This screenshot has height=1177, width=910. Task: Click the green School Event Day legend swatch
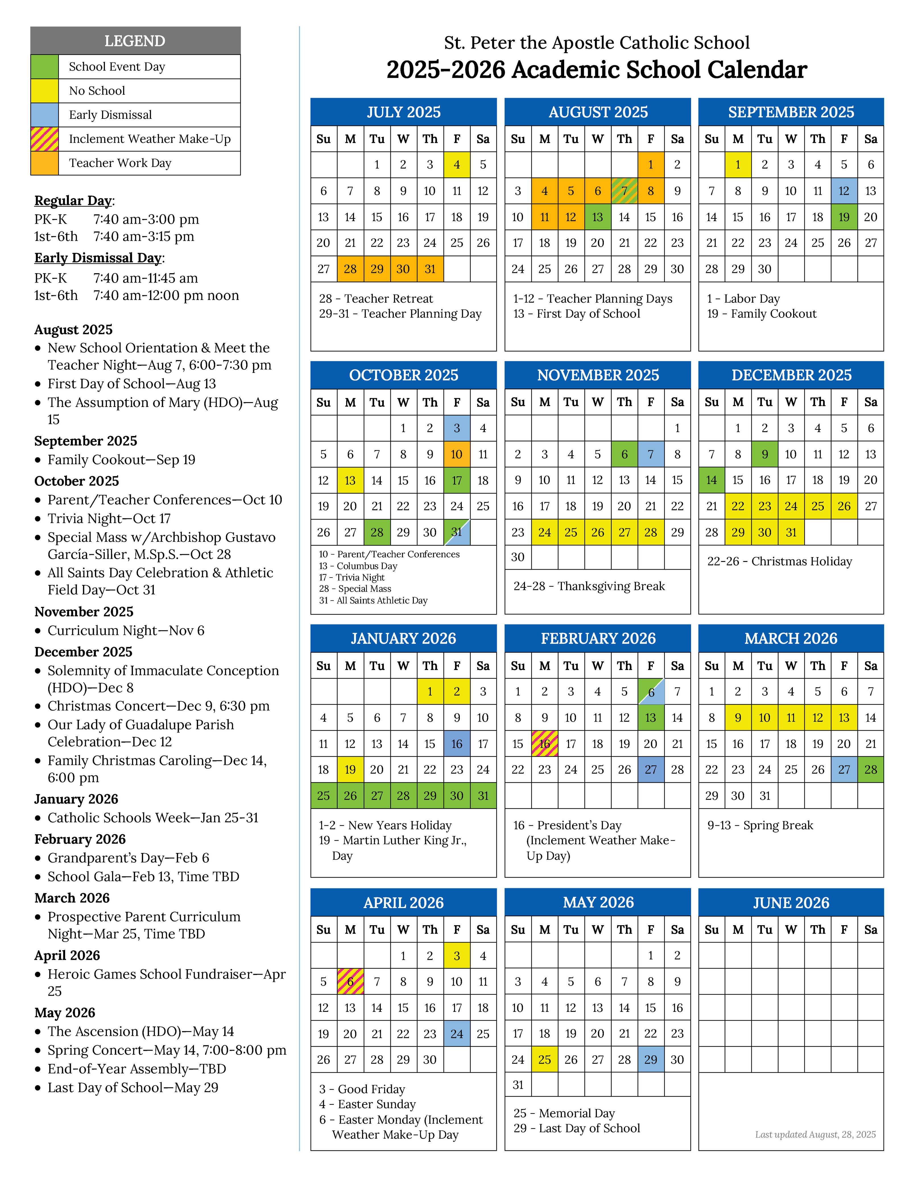pyautogui.click(x=45, y=67)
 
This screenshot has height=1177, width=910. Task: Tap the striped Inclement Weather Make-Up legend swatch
pyautogui.click(x=45, y=139)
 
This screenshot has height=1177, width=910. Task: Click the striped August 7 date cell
pyautogui.click(x=624, y=191)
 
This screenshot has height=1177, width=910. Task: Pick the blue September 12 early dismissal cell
pyautogui.click(x=844, y=191)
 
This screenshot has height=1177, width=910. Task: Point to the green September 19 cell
pyautogui.click(x=844, y=217)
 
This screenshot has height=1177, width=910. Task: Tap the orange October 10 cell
pyautogui.click(x=457, y=454)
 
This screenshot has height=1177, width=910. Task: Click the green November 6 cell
pyautogui.click(x=624, y=454)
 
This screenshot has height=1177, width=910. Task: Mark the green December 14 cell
pyautogui.click(x=712, y=480)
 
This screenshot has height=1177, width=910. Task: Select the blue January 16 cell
pyautogui.click(x=457, y=744)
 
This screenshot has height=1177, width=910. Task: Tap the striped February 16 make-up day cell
pyautogui.click(x=545, y=744)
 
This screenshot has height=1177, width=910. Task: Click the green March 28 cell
pyautogui.click(x=871, y=770)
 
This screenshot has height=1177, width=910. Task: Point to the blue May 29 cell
pyautogui.click(x=651, y=1060)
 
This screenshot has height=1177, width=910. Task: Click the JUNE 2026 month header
pyautogui.click(x=791, y=903)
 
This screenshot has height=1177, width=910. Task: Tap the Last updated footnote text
pyautogui.click(x=815, y=1134)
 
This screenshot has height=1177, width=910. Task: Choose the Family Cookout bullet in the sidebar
pyautogui.click(x=121, y=460)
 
